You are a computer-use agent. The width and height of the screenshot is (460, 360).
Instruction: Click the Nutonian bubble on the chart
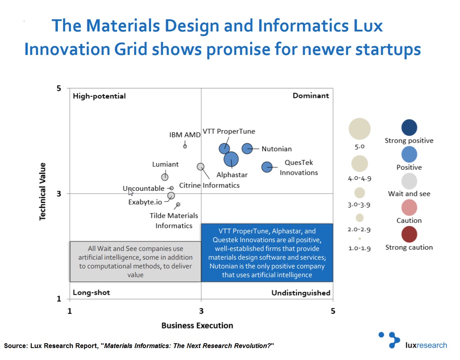(247, 149)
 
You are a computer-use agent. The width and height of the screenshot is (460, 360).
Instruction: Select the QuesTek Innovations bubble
(267, 167)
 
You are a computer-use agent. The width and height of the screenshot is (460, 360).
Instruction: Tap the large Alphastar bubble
(231, 159)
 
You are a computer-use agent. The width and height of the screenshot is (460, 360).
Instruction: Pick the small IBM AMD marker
(185, 146)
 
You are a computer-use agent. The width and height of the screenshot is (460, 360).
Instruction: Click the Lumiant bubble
(164, 177)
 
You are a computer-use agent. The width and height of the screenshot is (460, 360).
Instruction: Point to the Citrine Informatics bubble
(201, 166)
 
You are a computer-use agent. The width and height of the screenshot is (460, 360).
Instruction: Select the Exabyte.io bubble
(171, 196)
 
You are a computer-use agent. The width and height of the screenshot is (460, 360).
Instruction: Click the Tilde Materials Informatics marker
(178, 204)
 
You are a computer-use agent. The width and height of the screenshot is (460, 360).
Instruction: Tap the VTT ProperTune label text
(229, 131)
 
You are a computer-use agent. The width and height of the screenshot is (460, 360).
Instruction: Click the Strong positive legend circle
(409, 127)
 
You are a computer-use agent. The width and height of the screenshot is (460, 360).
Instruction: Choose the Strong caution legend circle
(409, 234)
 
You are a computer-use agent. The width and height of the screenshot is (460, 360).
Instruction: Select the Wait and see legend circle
(409, 181)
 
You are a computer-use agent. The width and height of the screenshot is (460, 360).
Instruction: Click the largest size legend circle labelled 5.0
(360, 129)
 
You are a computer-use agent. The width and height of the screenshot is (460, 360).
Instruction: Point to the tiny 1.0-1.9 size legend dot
(360, 239)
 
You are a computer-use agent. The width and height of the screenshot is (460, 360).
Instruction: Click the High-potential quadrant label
(99, 96)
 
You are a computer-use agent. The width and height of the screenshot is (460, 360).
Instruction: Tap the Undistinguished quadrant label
(301, 293)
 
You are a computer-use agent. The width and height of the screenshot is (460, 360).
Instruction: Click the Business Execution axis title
(197, 325)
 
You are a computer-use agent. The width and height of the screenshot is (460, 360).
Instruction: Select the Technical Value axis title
(42, 191)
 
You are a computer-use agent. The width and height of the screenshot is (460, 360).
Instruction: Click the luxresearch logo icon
(389, 339)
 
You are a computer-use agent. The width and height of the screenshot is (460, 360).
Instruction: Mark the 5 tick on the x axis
(333, 311)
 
